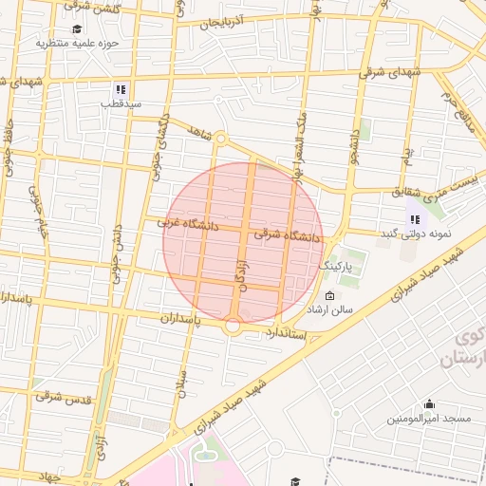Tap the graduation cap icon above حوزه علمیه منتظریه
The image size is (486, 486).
[x=77, y=28]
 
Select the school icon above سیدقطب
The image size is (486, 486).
[x=121, y=89]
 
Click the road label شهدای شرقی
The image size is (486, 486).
[x=387, y=69]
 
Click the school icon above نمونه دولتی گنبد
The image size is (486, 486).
[x=413, y=219]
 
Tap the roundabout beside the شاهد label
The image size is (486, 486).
[x=220, y=139]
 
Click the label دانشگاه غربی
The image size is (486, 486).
[x=188, y=225]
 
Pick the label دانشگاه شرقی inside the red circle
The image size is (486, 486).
[x=288, y=234]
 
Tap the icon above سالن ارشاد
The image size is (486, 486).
[x=329, y=295]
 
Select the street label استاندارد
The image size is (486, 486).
[x=285, y=331]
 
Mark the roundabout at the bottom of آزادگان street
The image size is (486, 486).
[x=234, y=326]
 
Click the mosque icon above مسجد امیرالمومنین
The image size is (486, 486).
[x=429, y=403]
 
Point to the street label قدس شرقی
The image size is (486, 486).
[x=63, y=398]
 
